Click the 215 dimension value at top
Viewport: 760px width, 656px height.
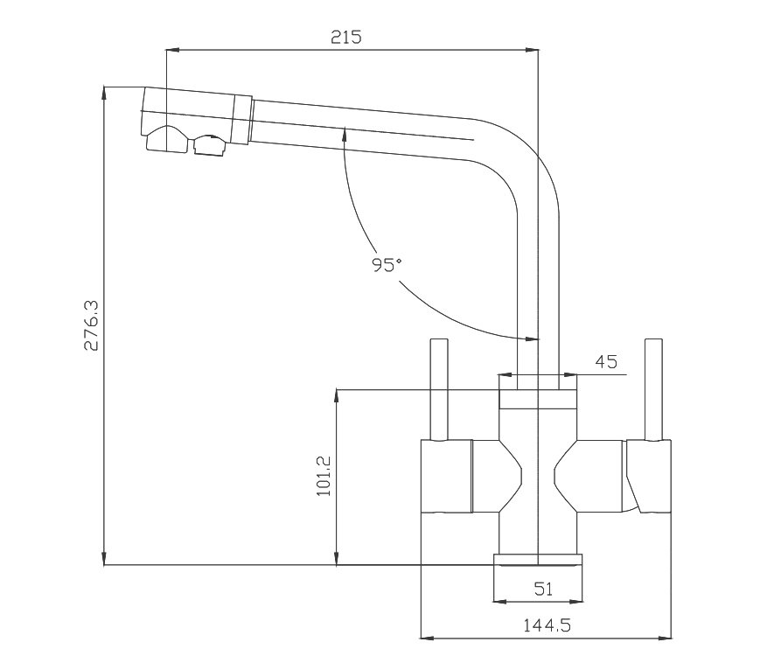346,37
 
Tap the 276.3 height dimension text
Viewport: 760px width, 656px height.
91,325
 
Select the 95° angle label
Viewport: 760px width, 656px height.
387,264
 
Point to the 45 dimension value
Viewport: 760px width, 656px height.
606,362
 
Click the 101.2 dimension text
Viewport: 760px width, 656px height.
324,476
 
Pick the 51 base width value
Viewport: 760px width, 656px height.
543,589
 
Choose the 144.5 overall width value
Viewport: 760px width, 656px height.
547,625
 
